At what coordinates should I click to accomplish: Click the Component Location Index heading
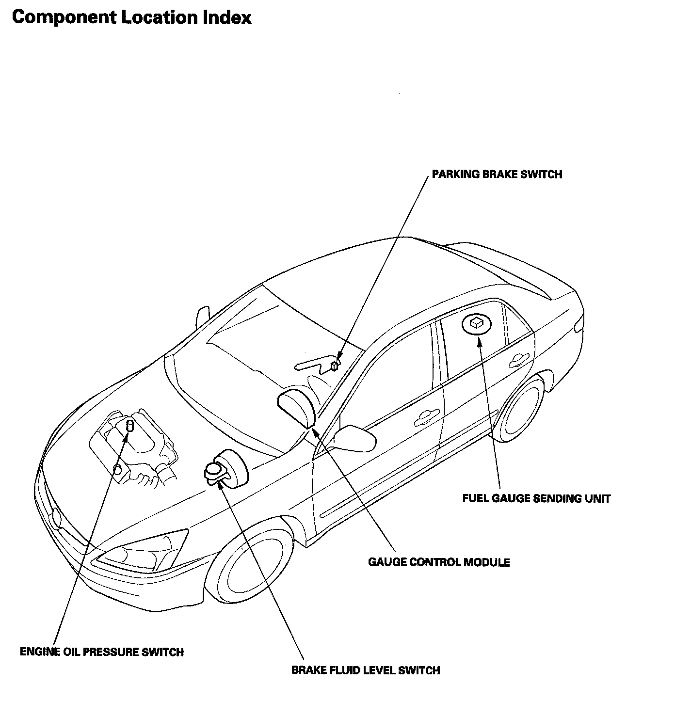(131, 17)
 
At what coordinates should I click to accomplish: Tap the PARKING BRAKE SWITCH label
(497, 175)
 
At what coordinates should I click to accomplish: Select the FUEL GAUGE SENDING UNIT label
(536, 498)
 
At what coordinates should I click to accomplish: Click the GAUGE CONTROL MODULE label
(439, 562)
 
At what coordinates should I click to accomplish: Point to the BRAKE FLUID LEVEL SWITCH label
(366, 670)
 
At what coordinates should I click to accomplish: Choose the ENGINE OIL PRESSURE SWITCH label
(102, 652)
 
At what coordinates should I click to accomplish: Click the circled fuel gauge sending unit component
(475, 323)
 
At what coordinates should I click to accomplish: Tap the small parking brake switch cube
(335, 366)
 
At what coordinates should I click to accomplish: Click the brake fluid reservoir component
(225, 469)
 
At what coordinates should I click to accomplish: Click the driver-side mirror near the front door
(356, 437)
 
